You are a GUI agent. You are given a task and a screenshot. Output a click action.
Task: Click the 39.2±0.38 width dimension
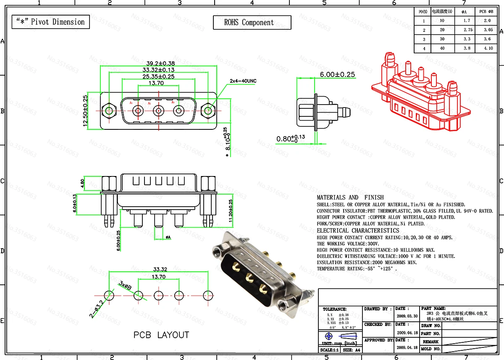click(159, 62)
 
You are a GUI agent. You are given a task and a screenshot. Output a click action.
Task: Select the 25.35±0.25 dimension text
click(159, 76)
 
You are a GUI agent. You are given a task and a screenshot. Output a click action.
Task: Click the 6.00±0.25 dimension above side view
click(337, 74)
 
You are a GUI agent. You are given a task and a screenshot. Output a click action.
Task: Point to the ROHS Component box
click(252, 23)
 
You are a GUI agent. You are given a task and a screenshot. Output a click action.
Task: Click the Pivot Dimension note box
click(50, 22)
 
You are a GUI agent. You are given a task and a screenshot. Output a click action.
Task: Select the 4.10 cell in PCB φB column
click(488, 48)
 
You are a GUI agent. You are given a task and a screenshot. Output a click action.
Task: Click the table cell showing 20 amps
click(442, 30)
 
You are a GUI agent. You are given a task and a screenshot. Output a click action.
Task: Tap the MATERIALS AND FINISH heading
click(350, 197)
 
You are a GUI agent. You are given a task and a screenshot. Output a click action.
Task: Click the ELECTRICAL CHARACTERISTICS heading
click(358, 231)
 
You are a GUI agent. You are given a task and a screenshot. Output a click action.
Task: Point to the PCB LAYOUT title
click(161, 335)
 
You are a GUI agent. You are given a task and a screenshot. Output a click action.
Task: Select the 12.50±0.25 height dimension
click(85, 111)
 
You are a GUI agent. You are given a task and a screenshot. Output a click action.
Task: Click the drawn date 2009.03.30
click(407, 316)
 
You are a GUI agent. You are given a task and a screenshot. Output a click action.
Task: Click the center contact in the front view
click(158, 111)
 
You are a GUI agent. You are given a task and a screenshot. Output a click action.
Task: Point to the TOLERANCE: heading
click(335, 309)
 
